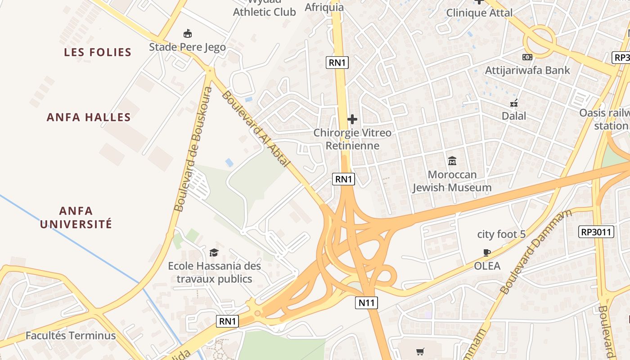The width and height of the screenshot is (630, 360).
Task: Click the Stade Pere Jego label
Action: [x=187, y=47]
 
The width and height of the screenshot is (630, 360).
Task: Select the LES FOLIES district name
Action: [x=98, y=52]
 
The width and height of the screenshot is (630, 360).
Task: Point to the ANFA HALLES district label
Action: [x=89, y=117]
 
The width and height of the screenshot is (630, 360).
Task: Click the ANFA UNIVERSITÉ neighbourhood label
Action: [x=76, y=217]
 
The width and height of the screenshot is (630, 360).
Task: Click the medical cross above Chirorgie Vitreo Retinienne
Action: [x=352, y=119]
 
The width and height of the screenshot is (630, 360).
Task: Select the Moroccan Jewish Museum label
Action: [x=452, y=181]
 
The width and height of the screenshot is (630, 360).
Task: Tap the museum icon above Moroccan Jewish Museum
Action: [x=452, y=161]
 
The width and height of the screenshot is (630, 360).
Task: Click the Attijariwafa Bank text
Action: [x=527, y=70]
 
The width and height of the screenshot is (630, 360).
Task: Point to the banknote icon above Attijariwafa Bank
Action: [x=527, y=57]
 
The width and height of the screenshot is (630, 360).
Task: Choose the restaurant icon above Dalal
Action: [x=514, y=103]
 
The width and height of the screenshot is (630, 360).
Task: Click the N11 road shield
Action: [x=366, y=303]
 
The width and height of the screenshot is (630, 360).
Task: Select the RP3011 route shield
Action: [x=596, y=232]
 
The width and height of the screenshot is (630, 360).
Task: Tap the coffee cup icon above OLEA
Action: [x=486, y=252]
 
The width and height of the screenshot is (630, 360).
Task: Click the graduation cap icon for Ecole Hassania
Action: [x=214, y=252]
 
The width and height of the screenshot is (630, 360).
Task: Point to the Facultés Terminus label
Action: [x=71, y=336]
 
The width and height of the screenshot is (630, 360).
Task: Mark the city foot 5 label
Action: [x=501, y=234]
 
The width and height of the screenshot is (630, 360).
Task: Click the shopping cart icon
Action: [x=420, y=351]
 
